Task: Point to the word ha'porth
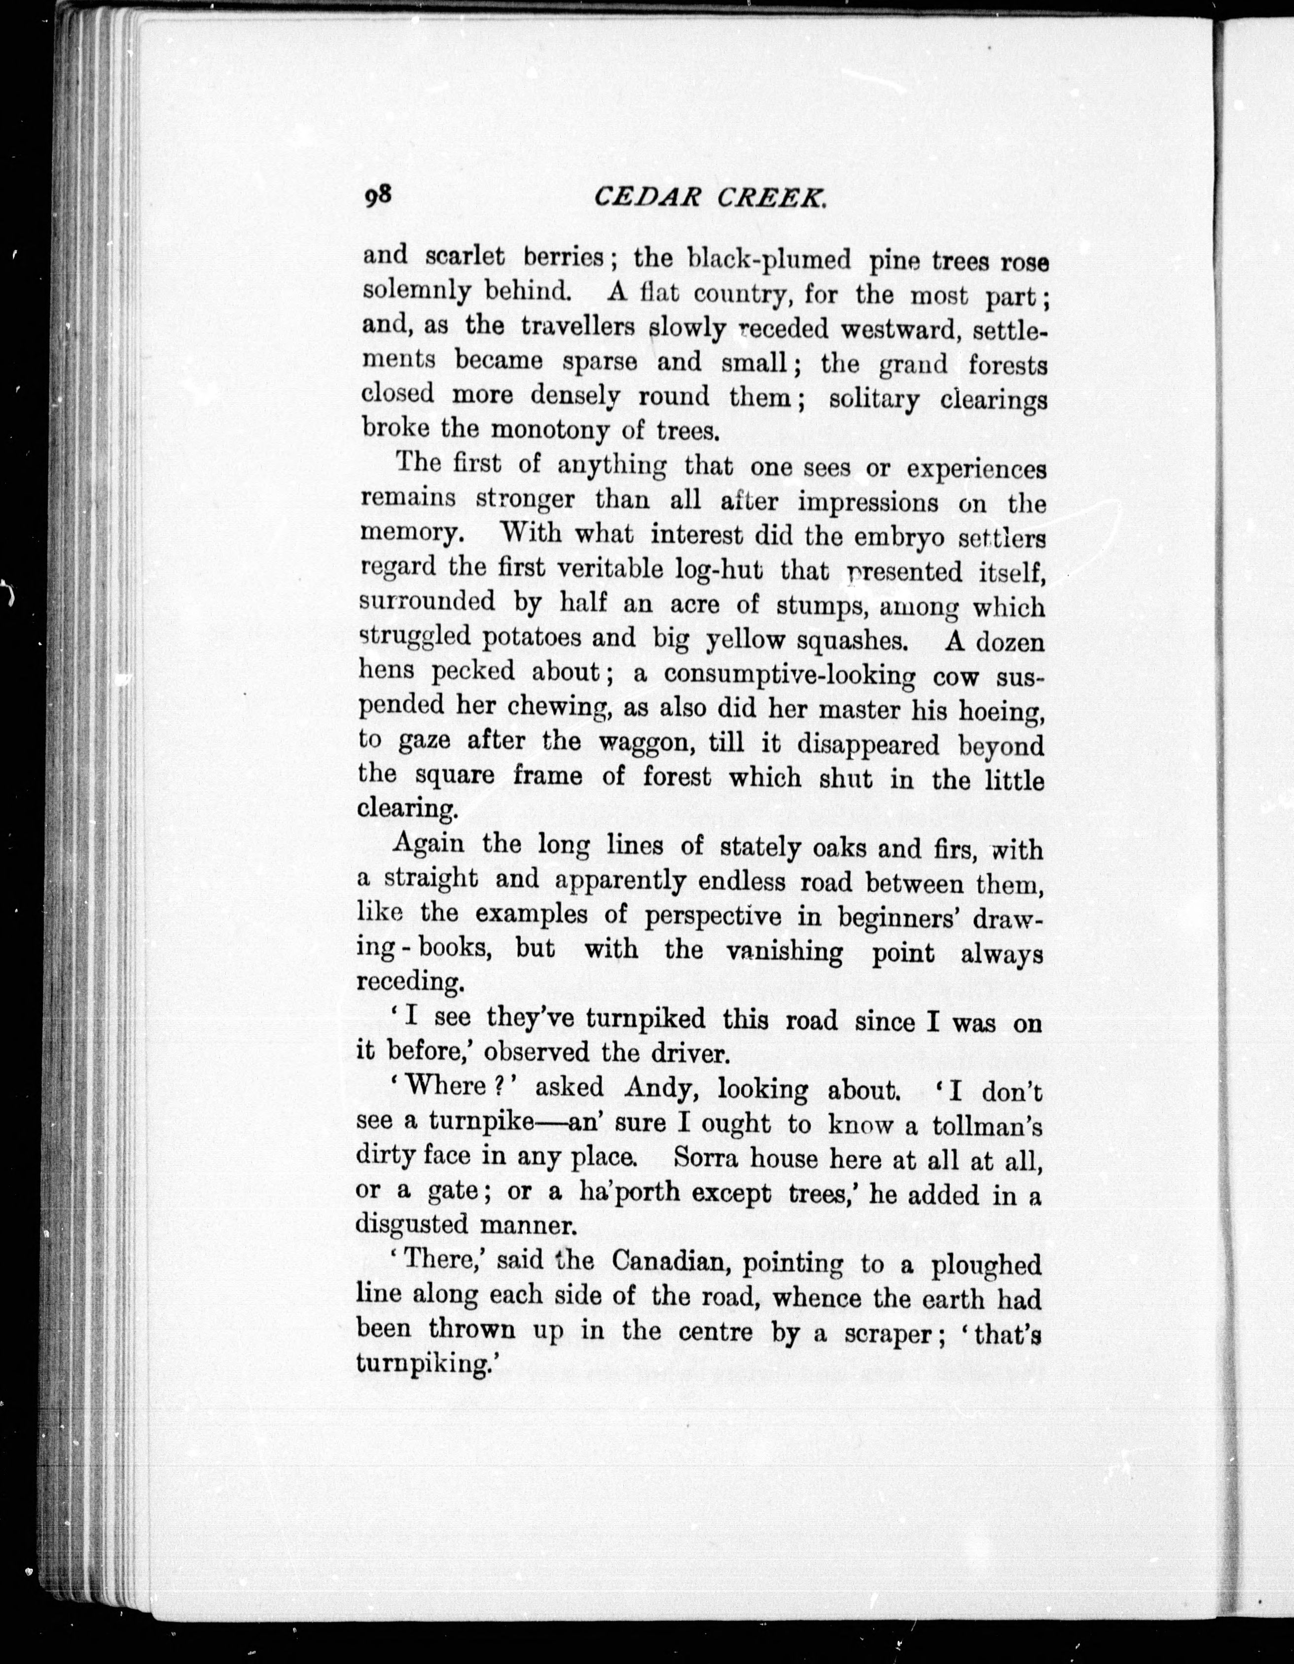click(629, 1192)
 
